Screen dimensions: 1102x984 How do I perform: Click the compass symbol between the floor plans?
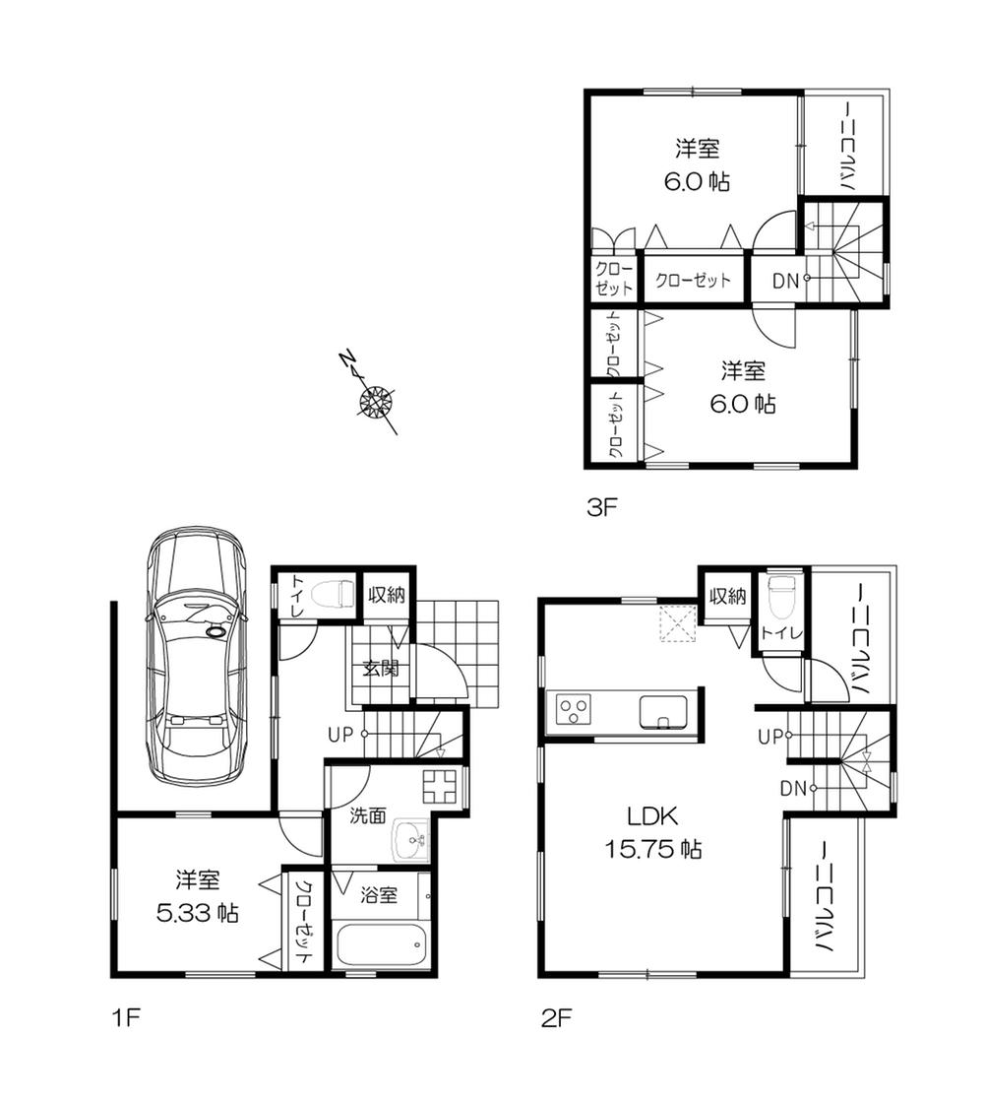[375, 401]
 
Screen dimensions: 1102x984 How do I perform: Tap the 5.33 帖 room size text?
[198, 913]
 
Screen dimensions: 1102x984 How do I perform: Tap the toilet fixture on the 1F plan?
[329, 594]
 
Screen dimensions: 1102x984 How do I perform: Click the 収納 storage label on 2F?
[726, 596]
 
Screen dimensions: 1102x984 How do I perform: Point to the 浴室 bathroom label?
[378, 896]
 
